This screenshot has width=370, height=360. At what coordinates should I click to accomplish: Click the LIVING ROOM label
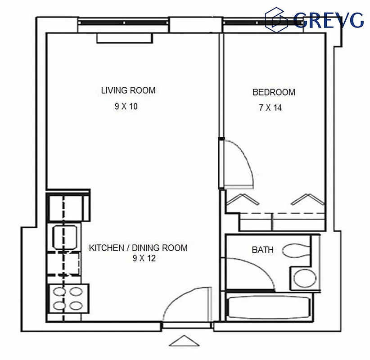[128, 90]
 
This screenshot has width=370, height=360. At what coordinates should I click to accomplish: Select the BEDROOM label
[274, 92]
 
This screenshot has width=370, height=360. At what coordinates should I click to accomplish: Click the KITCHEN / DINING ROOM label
[138, 248]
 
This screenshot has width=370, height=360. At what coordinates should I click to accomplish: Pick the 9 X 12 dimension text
[144, 258]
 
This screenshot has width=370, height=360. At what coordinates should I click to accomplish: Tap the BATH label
[262, 249]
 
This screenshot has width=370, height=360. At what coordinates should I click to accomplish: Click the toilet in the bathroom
[297, 251]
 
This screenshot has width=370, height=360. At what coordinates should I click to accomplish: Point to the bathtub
[269, 308]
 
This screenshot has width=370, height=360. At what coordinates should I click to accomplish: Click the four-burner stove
[68, 298]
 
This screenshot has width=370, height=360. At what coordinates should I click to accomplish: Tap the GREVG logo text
[328, 19]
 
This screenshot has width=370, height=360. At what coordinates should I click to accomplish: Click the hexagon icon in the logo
[277, 19]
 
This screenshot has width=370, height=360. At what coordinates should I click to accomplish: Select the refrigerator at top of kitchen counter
[68, 206]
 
